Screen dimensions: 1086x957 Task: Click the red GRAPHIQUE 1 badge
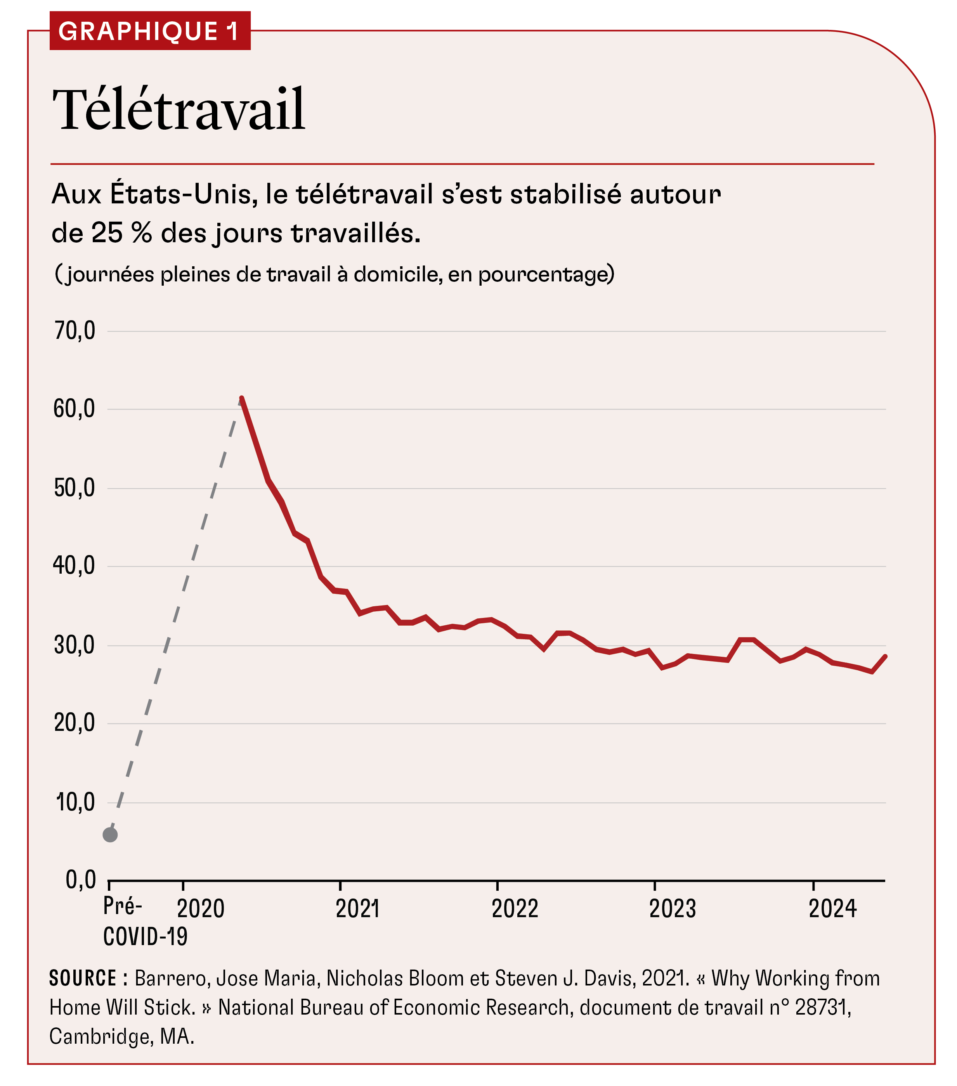[x=149, y=31]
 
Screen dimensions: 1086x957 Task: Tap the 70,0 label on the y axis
[x=75, y=331]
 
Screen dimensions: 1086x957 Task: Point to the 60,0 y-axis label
[x=75, y=409]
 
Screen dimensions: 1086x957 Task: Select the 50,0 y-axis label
[x=75, y=488]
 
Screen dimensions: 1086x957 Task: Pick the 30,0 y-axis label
[x=75, y=645]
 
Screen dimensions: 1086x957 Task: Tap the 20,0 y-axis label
[x=75, y=723]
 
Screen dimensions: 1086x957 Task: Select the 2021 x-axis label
[x=357, y=909]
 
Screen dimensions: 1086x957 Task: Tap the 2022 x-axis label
[x=515, y=909]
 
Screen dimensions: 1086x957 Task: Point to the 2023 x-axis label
[x=672, y=909]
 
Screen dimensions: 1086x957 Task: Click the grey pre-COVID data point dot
[x=110, y=835]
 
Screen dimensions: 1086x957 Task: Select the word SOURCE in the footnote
[x=83, y=978]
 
